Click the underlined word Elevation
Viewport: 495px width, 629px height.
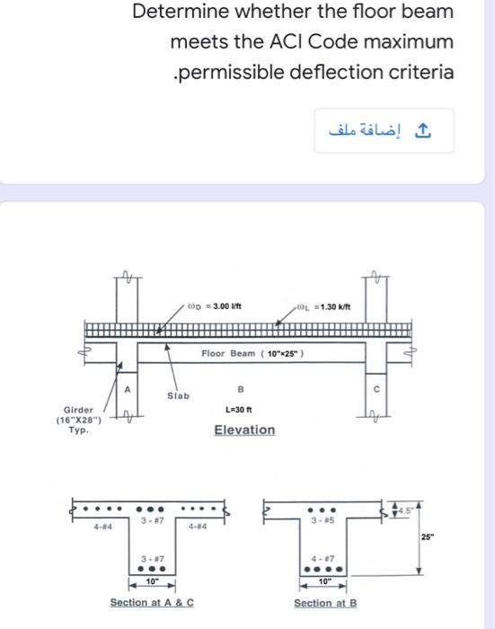point(244,430)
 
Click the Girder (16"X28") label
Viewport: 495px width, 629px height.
point(81,419)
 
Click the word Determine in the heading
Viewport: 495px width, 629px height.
point(178,13)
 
